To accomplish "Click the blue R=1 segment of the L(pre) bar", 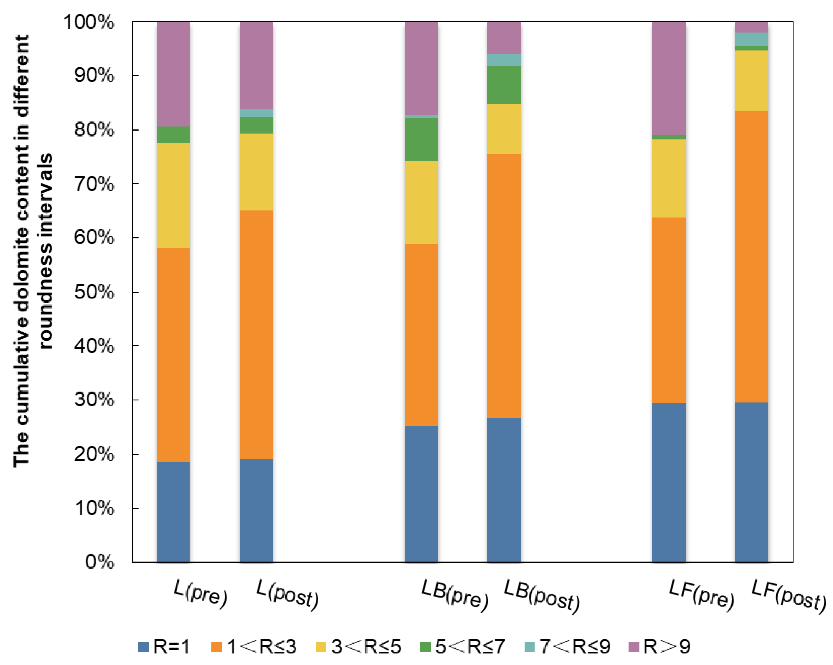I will pyautogui.click(x=173, y=512).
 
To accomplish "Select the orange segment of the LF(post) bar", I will pyautogui.click(x=751, y=257).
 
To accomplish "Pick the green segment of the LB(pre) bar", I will pyautogui.click(x=421, y=139).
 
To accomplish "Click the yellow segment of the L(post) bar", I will pyautogui.click(x=256, y=172).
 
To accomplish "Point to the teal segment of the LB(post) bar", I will pyautogui.click(x=504, y=60).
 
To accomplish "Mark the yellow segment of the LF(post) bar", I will pyautogui.click(x=751, y=80).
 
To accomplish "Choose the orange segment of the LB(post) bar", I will pyautogui.click(x=504, y=286).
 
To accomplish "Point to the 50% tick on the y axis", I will pyautogui.click(x=94, y=292).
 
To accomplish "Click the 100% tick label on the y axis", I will pyautogui.click(x=89, y=22).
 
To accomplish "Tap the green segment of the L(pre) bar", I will pyautogui.click(x=173, y=135).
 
